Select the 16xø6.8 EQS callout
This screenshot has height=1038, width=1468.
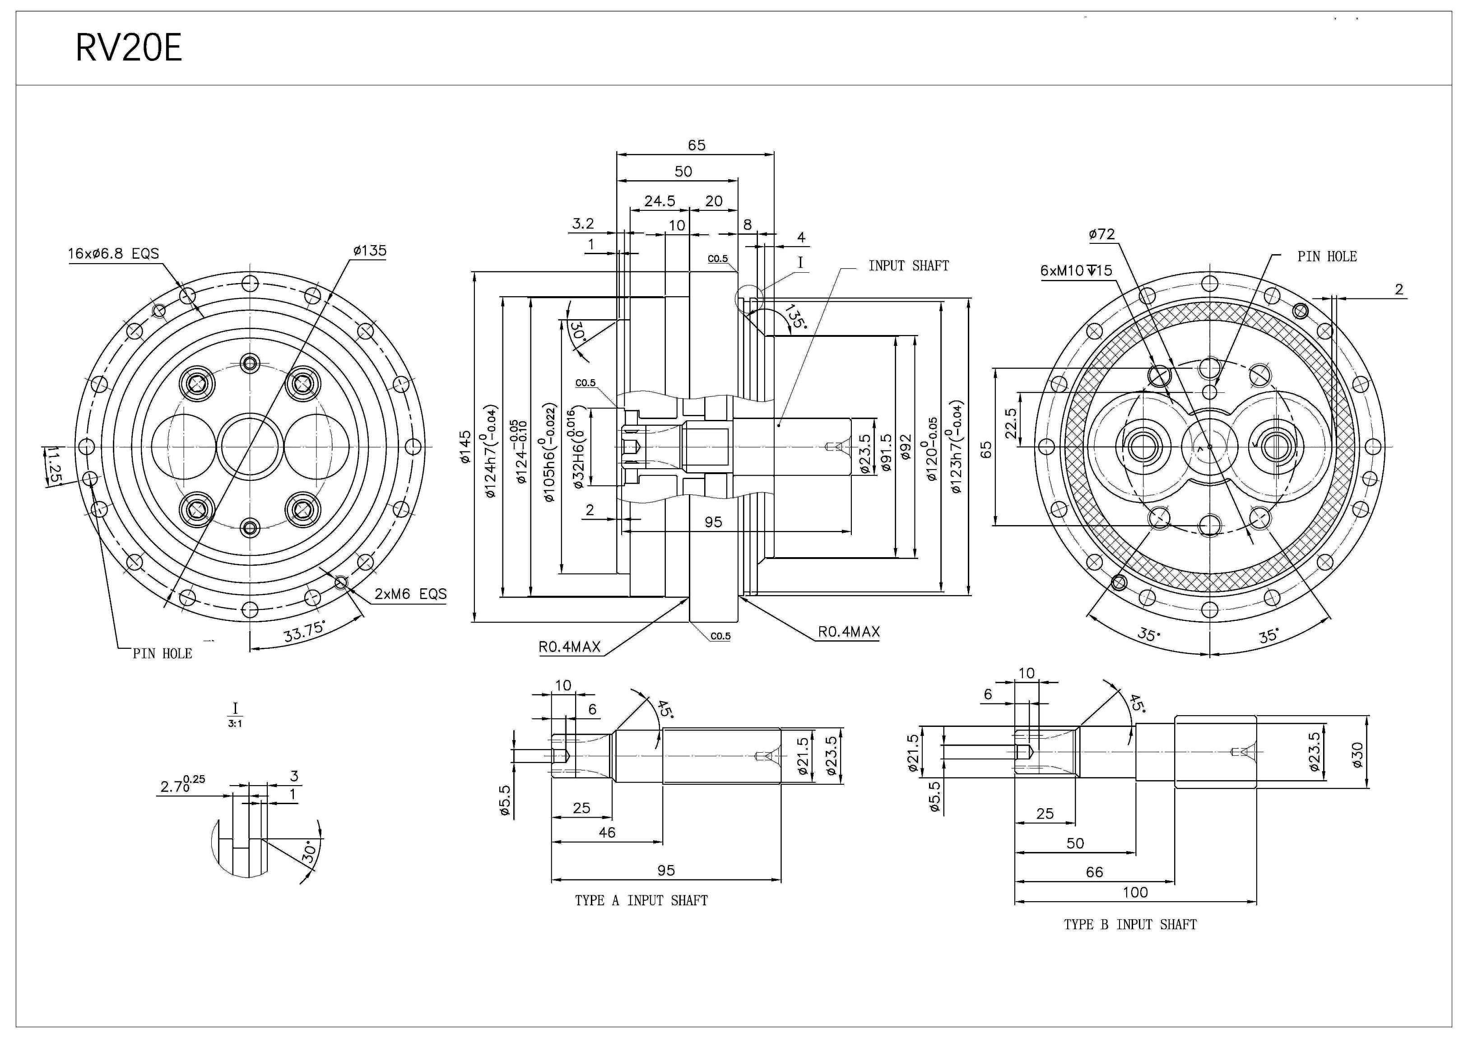click(x=113, y=254)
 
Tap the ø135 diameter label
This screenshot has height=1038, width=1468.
click(x=370, y=251)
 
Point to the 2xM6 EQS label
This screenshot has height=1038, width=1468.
click(x=410, y=594)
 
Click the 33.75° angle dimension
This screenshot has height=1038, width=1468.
click(x=304, y=632)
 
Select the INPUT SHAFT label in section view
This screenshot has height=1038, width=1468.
click(x=908, y=265)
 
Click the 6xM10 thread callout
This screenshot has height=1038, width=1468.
click(x=1076, y=270)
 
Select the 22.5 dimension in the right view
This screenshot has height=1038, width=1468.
click(x=1010, y=424)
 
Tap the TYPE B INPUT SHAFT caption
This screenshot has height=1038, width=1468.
click(x=1130, y=924)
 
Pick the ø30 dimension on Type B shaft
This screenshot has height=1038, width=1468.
click(x=1357, y=754)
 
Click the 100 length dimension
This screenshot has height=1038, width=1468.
click(x=1135, y=892)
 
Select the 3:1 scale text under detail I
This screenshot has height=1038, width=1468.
click(x=235, y=723)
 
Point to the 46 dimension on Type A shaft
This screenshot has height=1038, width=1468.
click(x=606, y=832)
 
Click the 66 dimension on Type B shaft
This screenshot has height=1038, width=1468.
click(x=1094, y=872)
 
